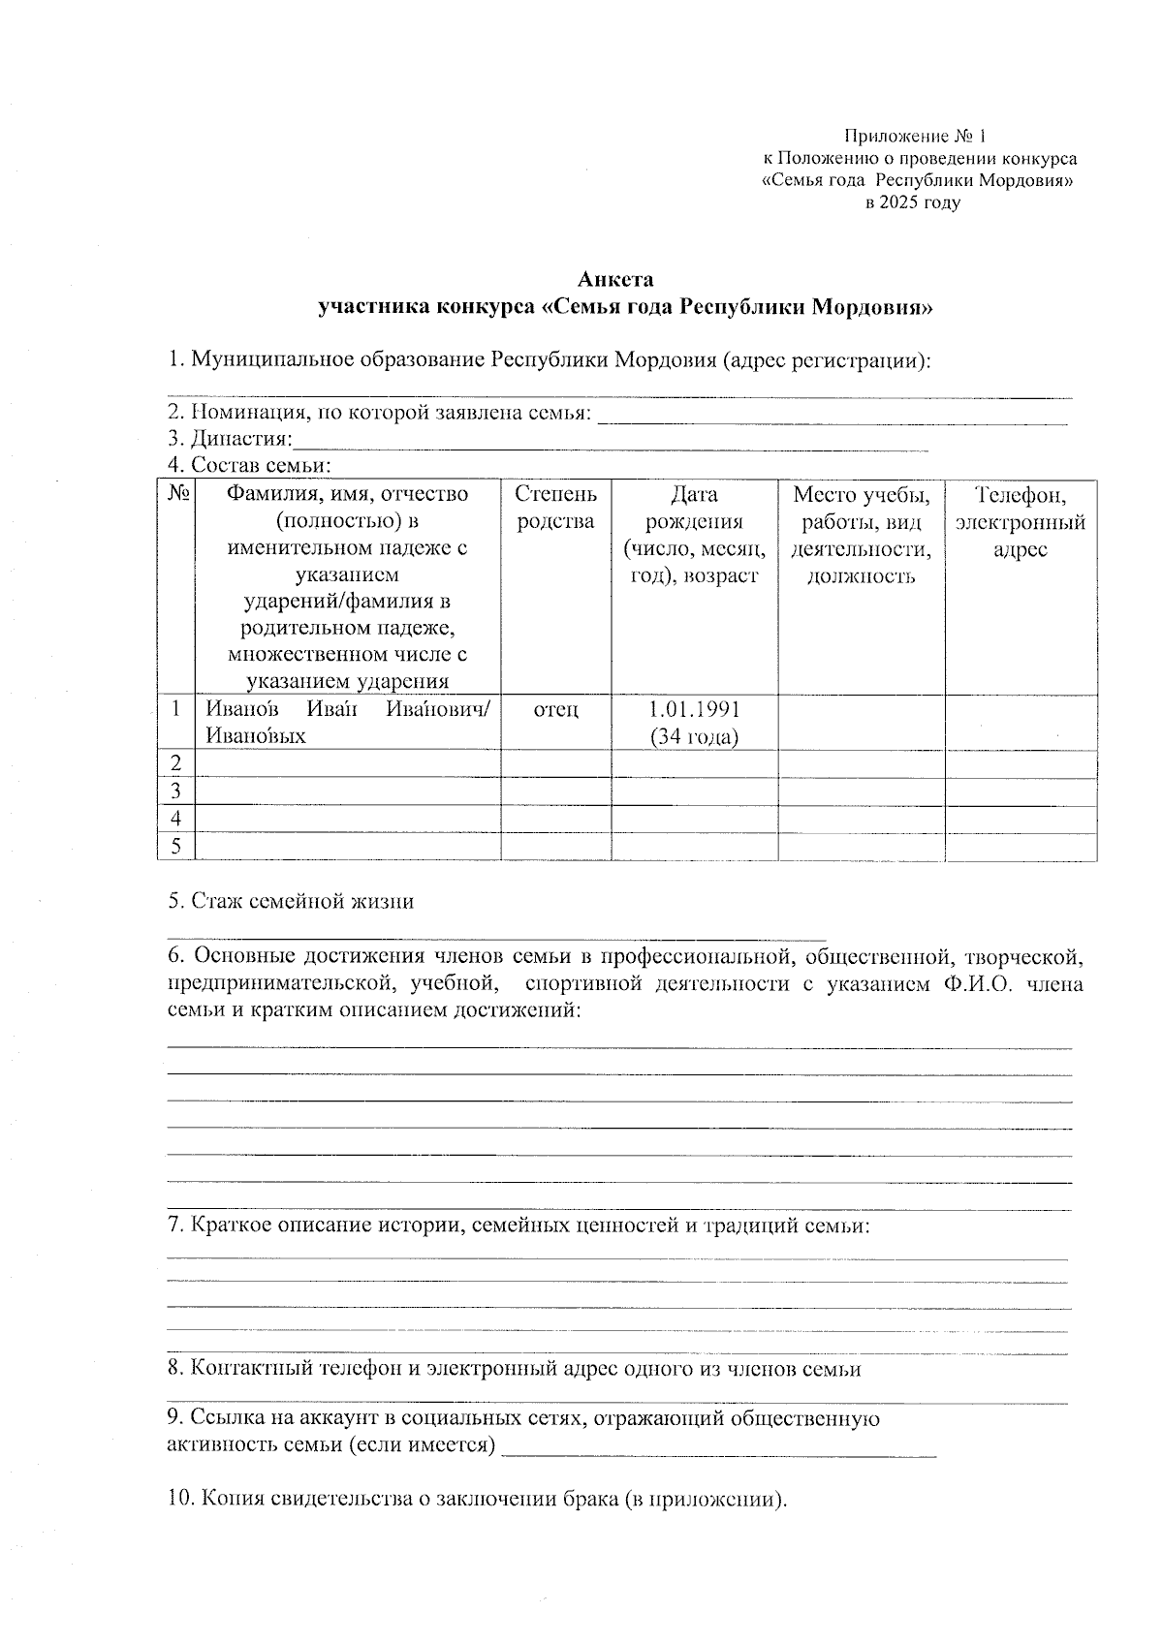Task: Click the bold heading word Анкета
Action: point(615,280)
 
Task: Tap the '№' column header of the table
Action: point(176,494)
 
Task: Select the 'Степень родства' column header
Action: point(555,508)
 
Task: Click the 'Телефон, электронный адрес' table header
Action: point(1020,522)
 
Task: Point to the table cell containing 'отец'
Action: point(555,710)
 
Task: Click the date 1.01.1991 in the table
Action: point(694,709)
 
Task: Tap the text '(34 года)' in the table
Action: point(694,736)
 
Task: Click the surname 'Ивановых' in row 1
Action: point(255,736)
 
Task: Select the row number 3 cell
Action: point(176,791)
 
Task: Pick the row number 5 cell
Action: point(176,846)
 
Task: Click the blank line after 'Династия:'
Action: point(611,443)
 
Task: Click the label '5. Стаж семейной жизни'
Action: point(291,901)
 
